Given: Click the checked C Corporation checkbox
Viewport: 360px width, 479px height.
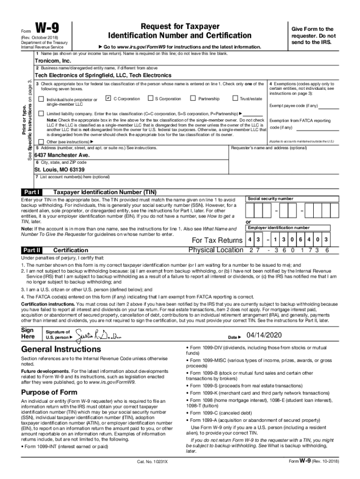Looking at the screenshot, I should point(108,98).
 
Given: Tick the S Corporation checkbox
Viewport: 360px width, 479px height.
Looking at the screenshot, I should point(150,98).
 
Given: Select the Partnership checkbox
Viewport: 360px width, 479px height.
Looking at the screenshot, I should point(193,98).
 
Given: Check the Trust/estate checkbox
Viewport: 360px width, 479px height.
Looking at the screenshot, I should point(235,98).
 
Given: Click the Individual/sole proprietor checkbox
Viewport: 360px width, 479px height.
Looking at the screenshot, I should point(41,99).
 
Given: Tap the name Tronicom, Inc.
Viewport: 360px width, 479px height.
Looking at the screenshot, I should point(53,61).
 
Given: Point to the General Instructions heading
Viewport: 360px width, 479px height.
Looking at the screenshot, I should point(61,349).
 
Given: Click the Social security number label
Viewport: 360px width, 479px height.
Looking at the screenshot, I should point(271,199).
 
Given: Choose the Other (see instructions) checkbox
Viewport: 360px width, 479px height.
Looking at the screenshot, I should point(41,142).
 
